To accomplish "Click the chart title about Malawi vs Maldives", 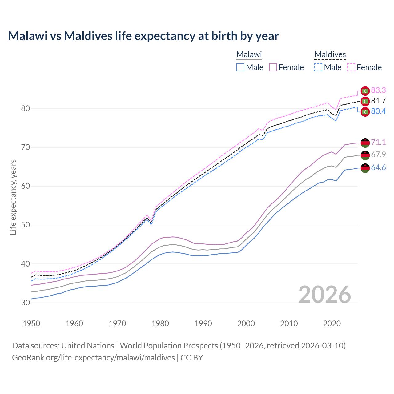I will [x=143, y=36].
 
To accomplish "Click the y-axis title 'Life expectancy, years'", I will [x=13, y=197].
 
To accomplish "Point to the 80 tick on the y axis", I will [x=26, y=109].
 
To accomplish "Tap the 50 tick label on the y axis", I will [x=26, y=225].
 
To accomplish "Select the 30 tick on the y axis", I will [x=26, y=303].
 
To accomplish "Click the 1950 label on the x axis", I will [x=31, y=324].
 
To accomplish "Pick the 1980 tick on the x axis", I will [x=160, y=324].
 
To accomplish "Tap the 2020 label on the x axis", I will [x=332, y=324].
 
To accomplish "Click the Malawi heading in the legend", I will [x=249, y=54].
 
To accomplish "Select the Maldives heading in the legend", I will [x=330, y=54].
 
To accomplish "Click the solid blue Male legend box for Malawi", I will [x=240, y=67].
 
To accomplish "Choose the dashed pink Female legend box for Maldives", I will [x=351, y=67].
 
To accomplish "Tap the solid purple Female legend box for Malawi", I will [x=273, y=67].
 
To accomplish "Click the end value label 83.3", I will [x=378, y=90].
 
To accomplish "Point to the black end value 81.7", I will [x=378, y=101].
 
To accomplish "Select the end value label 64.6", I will [x=378, y=167].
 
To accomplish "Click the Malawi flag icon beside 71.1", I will [x=365, y=143].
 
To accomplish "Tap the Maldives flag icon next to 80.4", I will [x=365, y=111].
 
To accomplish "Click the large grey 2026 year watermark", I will [x=325, y=295].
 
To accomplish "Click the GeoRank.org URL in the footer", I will [x=93, y=358].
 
